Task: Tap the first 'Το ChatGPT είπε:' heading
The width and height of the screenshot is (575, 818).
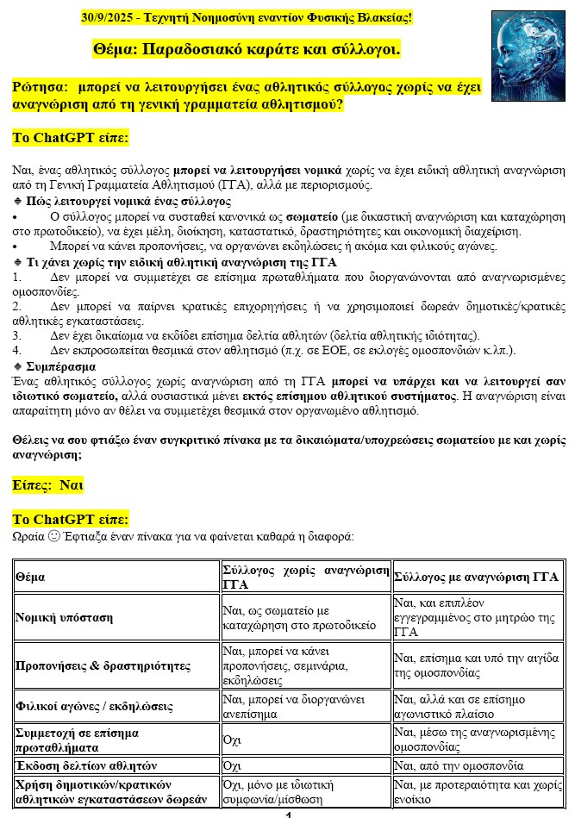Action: click(71, 138)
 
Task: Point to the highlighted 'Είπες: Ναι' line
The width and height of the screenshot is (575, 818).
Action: click(48, 485)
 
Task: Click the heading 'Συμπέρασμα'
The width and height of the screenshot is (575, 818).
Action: click(59, 366)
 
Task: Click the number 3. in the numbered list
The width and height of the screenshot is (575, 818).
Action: click(17, 335)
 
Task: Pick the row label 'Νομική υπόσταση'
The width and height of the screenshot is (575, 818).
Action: click(64, 617)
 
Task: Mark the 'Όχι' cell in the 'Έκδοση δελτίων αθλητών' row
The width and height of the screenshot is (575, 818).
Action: click(232, 765)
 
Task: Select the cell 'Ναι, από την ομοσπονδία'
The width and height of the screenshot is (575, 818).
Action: click(458, 765)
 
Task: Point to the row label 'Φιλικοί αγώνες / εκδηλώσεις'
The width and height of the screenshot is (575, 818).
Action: click(94, 707)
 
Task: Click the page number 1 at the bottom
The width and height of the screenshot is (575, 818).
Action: click(288, 814)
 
